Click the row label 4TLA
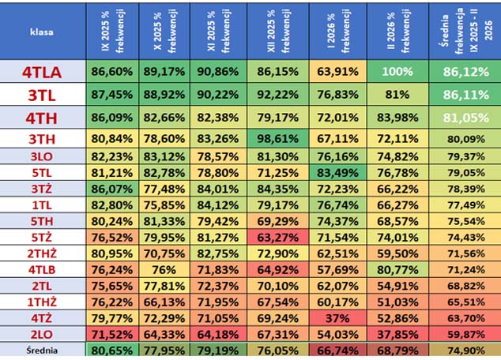(43, 72)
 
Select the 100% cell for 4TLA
(397, 72)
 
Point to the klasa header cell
(43, 31)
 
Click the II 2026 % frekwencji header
(397, 31)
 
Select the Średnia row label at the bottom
(43, 351)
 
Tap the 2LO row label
(43, 334)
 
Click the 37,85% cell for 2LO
(397, 334)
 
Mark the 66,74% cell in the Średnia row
(338, 351)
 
